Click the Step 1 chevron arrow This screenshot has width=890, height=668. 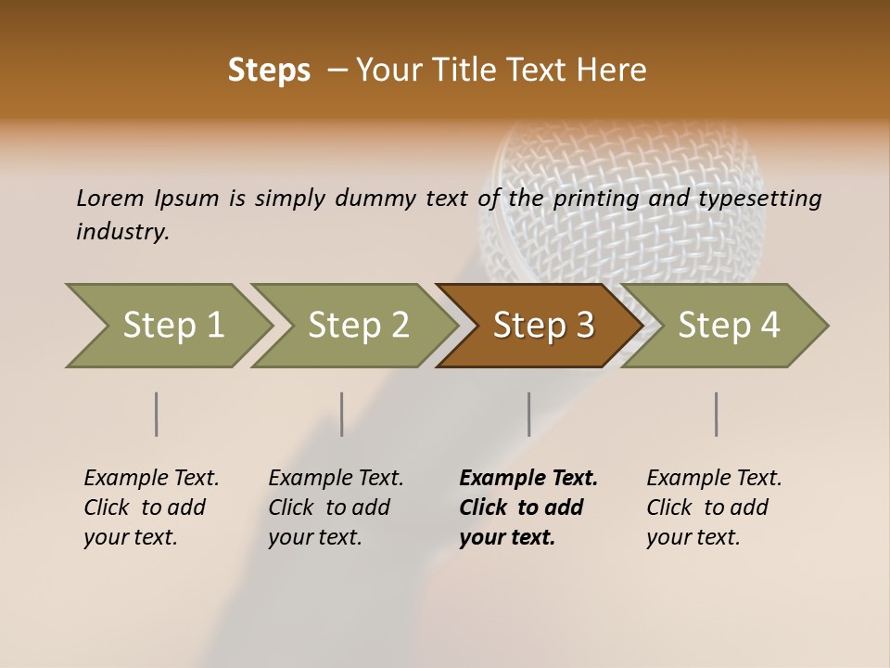point(172,325)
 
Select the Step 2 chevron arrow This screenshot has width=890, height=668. point(358,325)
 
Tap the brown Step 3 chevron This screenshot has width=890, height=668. point(542,325)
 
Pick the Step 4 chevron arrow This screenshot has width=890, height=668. point(728,325)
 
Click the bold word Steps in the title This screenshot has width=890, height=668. point(269,70)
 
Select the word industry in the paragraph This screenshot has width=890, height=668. point(121,231)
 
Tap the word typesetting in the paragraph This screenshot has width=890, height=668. point(759,199)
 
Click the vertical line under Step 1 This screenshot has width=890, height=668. point(157,414)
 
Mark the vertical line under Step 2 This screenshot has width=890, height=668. point(342,414)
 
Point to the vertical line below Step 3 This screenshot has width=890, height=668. point(529,414)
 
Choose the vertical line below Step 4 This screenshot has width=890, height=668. point(717,414)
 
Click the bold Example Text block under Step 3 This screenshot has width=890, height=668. point(528,507)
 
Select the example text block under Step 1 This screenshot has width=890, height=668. point(151,507)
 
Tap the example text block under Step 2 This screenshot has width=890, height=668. point(336,507)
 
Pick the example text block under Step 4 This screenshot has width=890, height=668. point(714,507)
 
